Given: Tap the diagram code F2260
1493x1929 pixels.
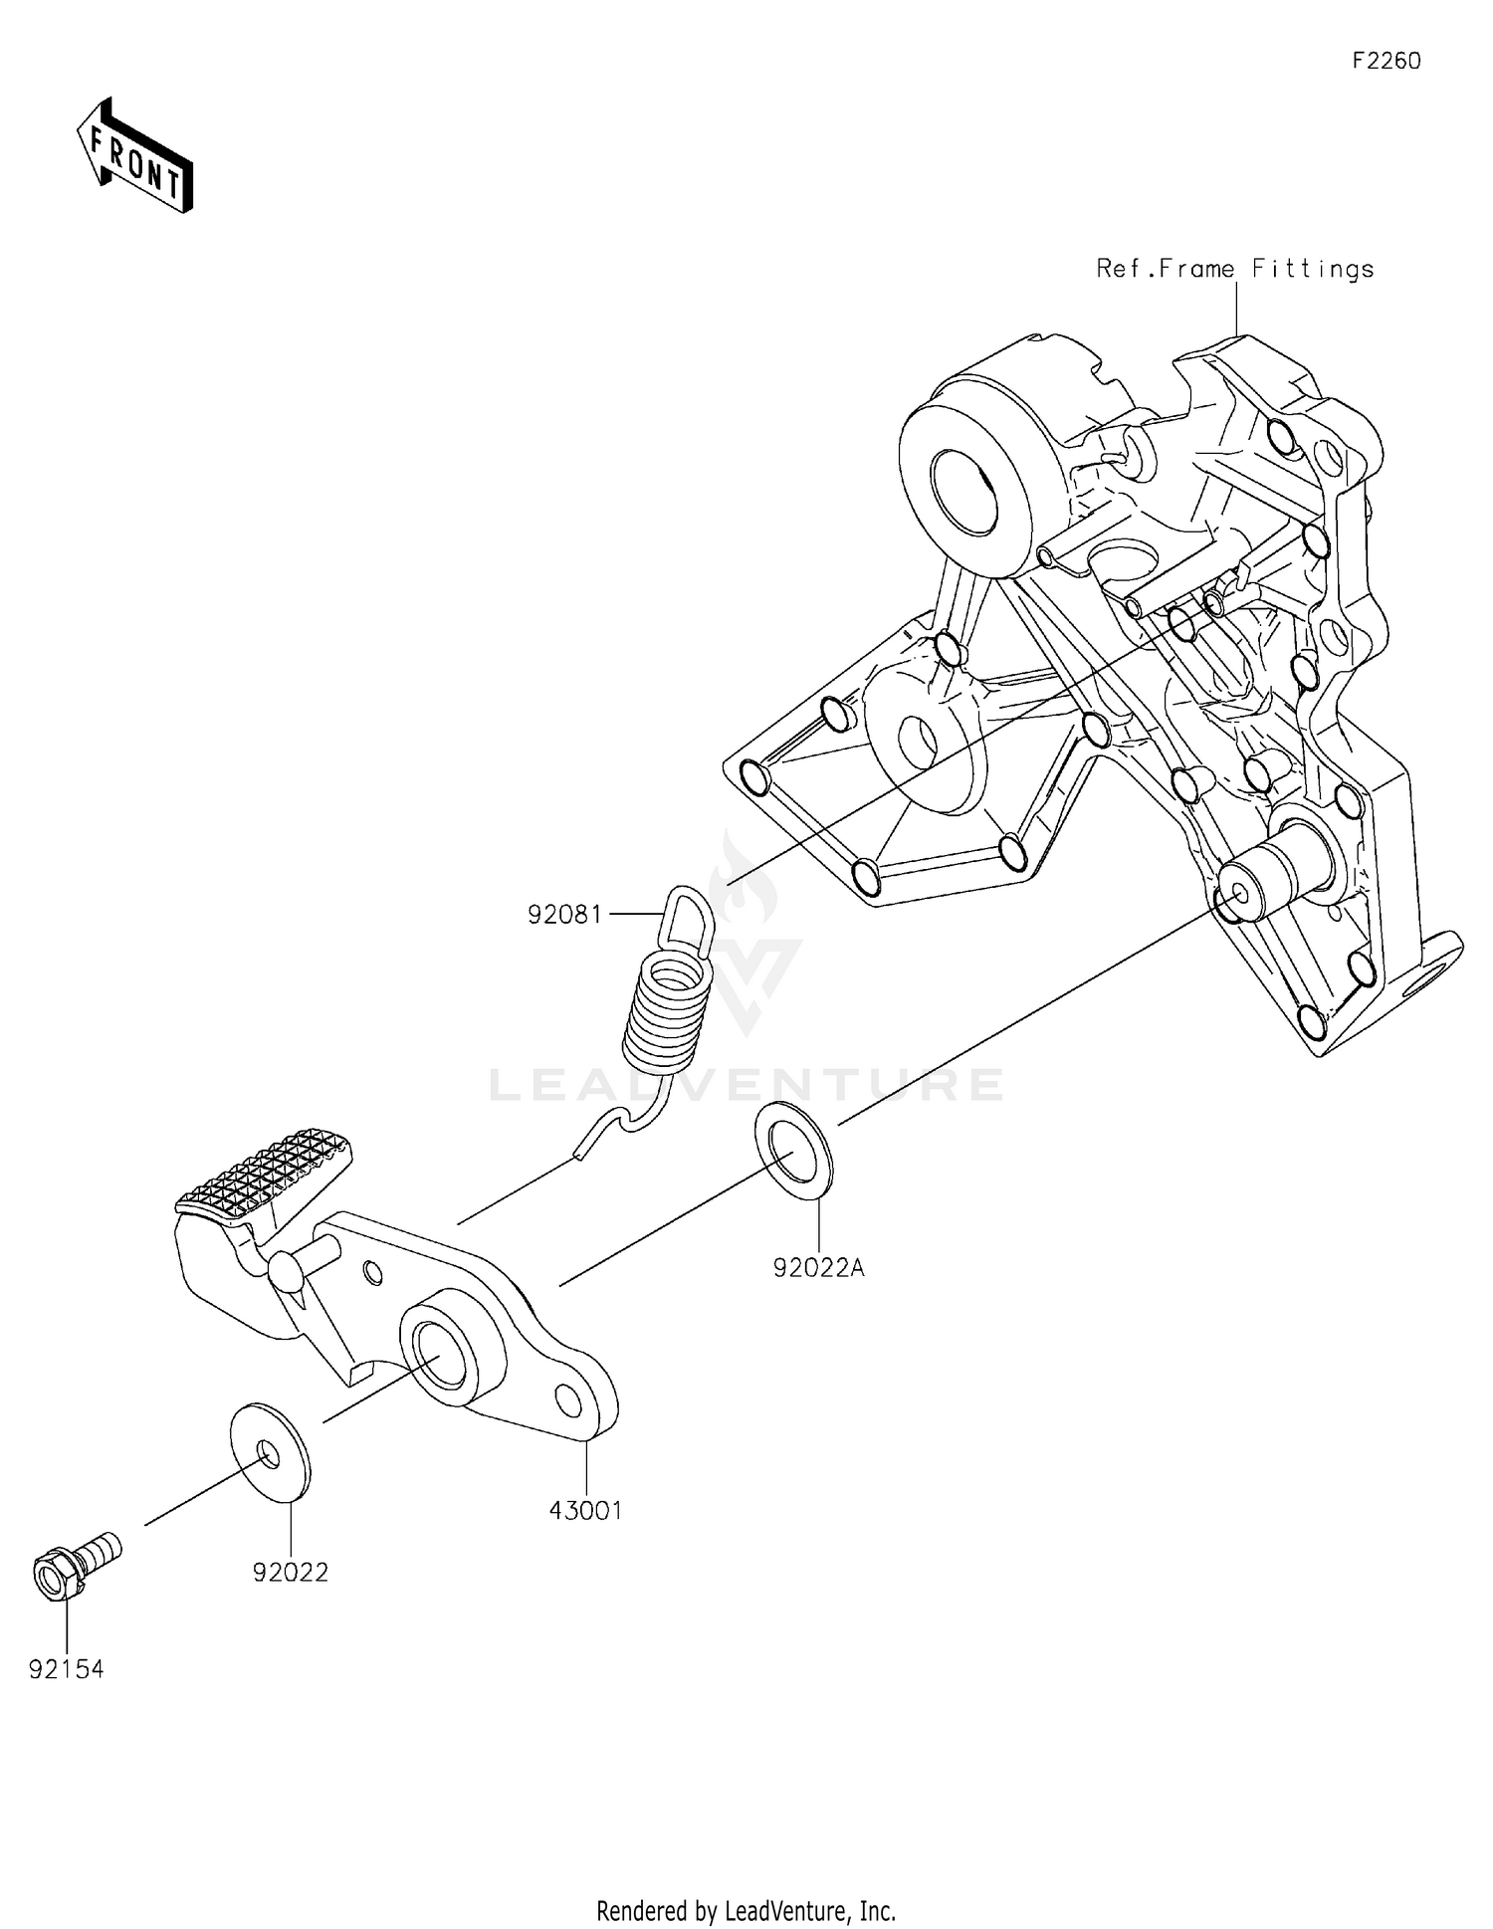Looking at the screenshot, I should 1386,61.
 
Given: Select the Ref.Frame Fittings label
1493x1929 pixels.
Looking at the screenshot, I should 1234,269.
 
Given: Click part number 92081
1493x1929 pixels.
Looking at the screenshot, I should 565,914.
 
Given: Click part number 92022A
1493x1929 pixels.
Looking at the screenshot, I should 818,1268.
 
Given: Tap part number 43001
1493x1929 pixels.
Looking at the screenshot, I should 585,1510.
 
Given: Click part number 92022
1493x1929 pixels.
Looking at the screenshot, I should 290,1572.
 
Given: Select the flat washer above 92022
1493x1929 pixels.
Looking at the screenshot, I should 270,1451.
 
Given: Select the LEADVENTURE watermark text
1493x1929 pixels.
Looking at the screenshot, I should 746,1084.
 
